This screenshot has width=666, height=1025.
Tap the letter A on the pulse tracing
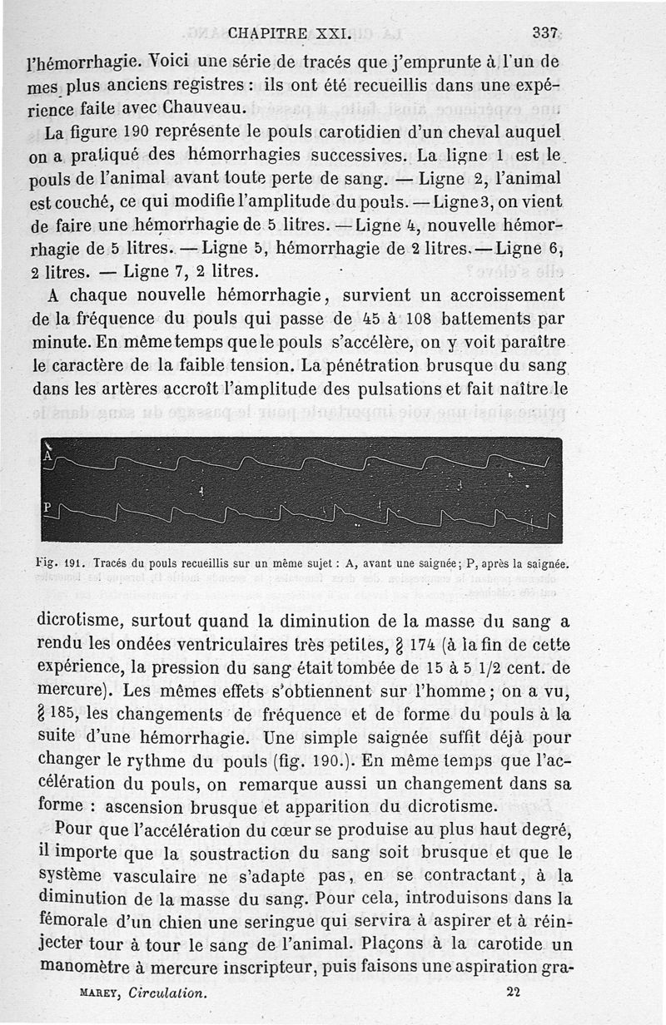[x=48, y=456]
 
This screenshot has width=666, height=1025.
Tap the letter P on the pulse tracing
[x=47, y=507]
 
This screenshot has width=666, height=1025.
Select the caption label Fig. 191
[x=61, y=563]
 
